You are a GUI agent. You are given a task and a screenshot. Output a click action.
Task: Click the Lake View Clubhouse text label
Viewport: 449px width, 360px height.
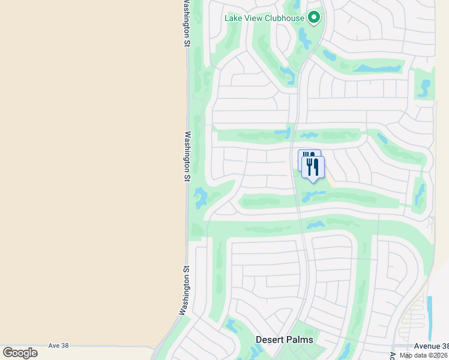(265, 18)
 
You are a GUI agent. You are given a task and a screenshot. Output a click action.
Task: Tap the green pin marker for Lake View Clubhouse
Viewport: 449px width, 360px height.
(313, 17)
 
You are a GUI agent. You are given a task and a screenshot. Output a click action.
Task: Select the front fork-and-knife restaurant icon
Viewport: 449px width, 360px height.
(313, 167)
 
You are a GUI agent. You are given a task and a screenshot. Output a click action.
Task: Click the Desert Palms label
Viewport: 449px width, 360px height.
(284, 340)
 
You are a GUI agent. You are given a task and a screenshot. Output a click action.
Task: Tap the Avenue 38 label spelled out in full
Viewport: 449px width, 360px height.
(431, 346)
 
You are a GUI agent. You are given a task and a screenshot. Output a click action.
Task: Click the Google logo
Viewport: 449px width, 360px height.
(20, 353)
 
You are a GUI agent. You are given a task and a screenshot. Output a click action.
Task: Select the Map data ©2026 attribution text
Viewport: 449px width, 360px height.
(424, 355)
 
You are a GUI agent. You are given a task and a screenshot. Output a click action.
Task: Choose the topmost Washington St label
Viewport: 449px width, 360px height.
(185, 24)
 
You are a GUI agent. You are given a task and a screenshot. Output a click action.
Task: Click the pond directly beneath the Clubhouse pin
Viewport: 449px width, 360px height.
(304, 40)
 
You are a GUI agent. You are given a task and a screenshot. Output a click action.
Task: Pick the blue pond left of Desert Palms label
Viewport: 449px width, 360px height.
(231, 326)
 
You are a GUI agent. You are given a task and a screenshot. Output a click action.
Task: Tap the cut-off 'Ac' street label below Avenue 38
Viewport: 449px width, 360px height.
(393, 355)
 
